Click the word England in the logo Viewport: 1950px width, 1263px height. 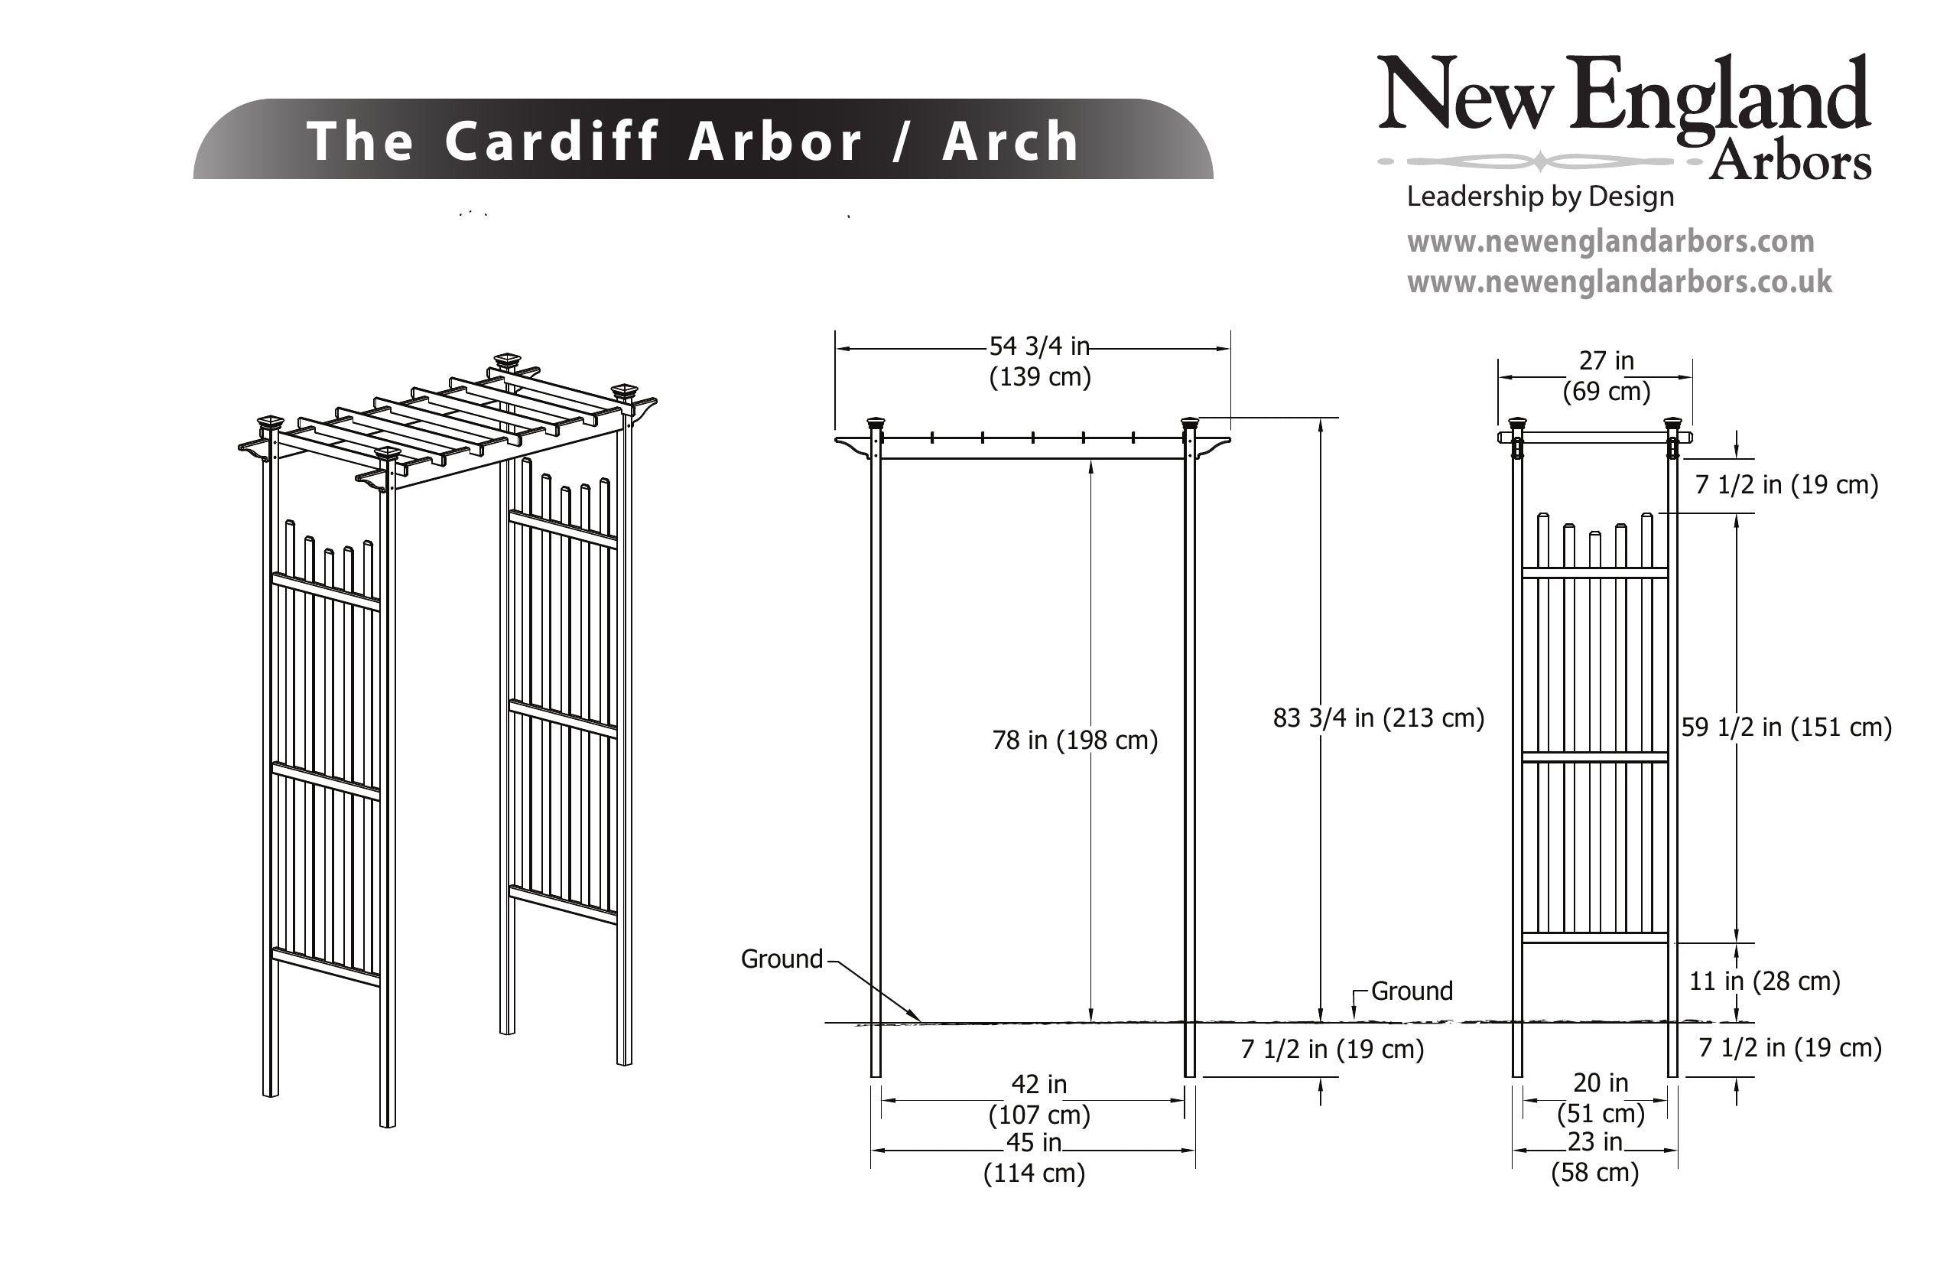(x=1719, y=96)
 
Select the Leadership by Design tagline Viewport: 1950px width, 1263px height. (x=1539, y=197)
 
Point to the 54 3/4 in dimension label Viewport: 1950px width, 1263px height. (x=1039, y=347)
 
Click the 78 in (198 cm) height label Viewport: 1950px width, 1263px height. (x=1074, y=740)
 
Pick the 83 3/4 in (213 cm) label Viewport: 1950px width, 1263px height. (x=1378, y=718)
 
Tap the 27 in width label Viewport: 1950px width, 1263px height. (x=1606, y=360)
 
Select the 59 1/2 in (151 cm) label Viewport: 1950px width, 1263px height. (x=1786, y=727)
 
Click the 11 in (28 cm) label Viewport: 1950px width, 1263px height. (x=1764, y=981)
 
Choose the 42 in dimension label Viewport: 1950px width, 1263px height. (x=1039, y=1084)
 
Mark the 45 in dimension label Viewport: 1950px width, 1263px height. (x=1033, y=1143)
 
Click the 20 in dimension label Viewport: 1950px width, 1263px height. (x=1600, y=1082)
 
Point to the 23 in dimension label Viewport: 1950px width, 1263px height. (x=1594, y=1141)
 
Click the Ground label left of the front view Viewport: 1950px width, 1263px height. (x=781, y=959)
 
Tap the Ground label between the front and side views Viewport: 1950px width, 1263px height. (x=1412, y=991)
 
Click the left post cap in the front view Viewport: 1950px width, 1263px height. (x=876, y=424)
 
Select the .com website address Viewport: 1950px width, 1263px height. (x=1610, y=242)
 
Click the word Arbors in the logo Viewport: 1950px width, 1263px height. (x=1789, y=162)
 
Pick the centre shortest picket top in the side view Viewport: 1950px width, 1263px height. (x=1594, y=535)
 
